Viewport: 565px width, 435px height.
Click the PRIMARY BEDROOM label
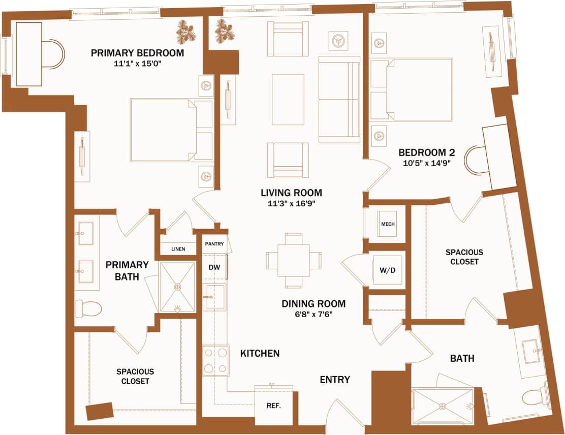coord(137,53)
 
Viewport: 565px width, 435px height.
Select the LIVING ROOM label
coord(291,193)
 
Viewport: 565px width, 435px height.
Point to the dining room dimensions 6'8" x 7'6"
coord(313,315)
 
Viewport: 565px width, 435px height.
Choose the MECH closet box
coord(387,224)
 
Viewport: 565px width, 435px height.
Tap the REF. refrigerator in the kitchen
coord(274,406)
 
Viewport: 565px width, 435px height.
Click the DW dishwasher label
coord(214,267)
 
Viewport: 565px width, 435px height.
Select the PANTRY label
coord(214,244)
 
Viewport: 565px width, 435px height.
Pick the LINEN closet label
coord(178,249)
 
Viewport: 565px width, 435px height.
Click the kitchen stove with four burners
coord(215,360)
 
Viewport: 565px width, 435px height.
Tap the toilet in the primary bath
coord(88,308)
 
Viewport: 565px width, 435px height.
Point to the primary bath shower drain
coord(178,287)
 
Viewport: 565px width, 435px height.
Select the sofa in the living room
coord(339,99)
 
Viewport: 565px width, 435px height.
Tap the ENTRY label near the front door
coord(335,380)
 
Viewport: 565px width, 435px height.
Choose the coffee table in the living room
coord(289,99)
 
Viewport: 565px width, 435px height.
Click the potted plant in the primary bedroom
coord(186,33)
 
